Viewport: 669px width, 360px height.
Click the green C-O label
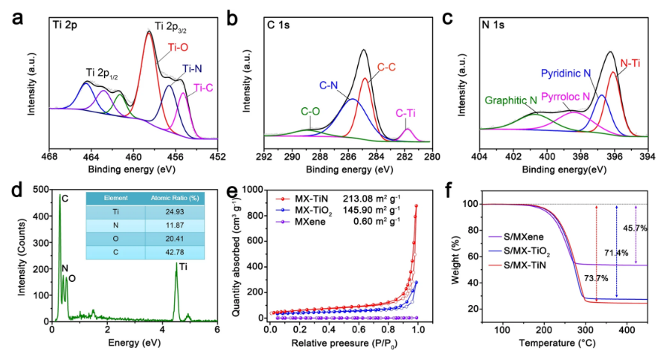coord(310,112)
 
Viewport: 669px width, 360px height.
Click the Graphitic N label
coord(510,100)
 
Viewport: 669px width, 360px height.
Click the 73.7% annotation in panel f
coord(569,278)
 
